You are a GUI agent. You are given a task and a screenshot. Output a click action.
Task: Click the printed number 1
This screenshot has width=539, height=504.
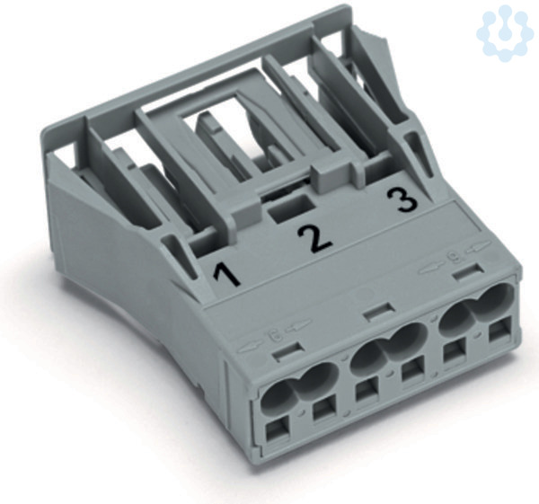coord(226,273)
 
